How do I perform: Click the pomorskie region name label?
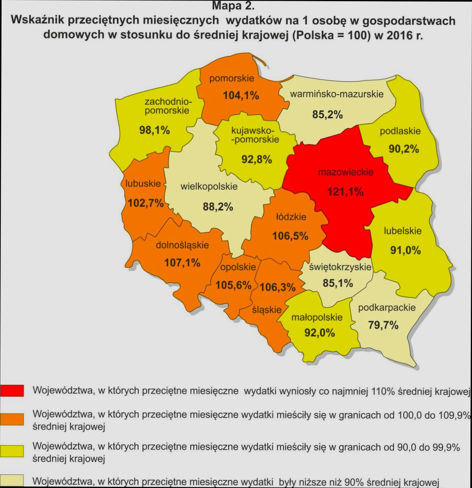coord(231,78)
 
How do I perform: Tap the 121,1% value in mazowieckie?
coord(345,192)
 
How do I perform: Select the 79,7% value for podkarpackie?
coord(383,325)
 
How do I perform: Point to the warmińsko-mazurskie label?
coord(336,94)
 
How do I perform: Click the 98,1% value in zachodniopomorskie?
coord(154,130)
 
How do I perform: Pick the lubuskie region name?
coord(143,183)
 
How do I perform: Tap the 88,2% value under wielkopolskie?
coord(218,206)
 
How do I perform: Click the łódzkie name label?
coord(291,217)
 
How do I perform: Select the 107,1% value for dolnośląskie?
coord(182,262)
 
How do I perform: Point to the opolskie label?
coord(238,267)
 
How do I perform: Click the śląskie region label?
coord(267,309)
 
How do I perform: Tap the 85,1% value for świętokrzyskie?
coord(338,283)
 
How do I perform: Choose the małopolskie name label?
coord(317,317)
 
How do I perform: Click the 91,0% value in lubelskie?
coord(405,250)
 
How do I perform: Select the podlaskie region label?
coord(400,131)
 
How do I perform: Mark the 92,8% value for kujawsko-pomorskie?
coord(257,159)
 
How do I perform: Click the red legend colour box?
coord(12,390)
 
